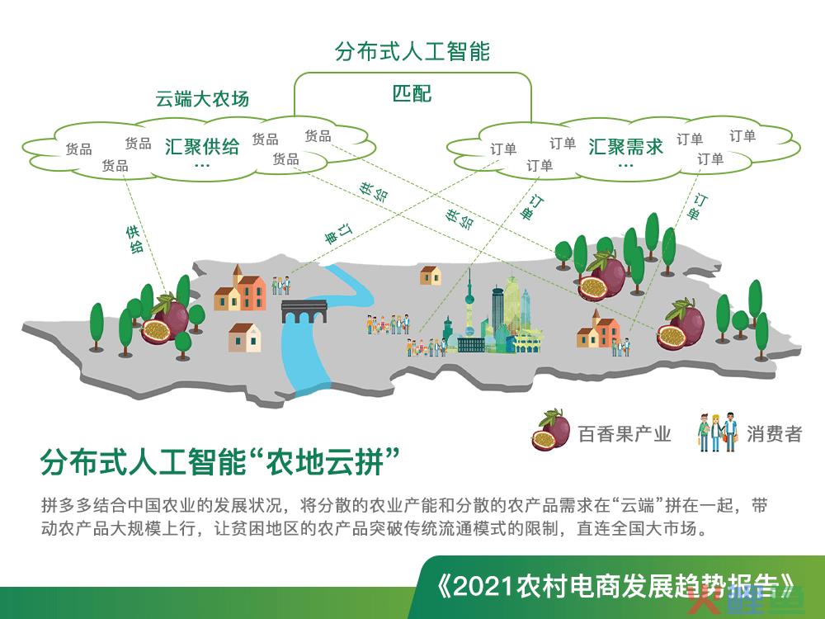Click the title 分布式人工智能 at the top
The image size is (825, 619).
point(412,51)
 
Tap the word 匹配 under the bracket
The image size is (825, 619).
point(412,93)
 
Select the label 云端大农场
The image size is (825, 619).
point(202,98)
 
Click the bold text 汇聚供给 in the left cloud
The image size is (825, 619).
point(202,146)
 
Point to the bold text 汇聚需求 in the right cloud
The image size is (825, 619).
point(625,146)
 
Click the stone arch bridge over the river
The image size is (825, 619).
point(304,311)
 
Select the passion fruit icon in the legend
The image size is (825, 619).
point(550,430)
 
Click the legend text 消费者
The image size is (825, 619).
point(774,434)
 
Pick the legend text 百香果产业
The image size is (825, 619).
point(625,434)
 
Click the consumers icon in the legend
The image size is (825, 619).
point(717,432)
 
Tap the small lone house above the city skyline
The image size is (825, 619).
point(431,275)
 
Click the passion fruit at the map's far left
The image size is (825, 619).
point(164,321)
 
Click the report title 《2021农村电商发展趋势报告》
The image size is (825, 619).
point(615,586)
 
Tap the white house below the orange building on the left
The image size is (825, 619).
point(245,338)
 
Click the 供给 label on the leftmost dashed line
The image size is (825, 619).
point(134,239)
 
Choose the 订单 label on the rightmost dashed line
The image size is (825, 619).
point(696,207)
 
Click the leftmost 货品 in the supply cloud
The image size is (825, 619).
point(78,149)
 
